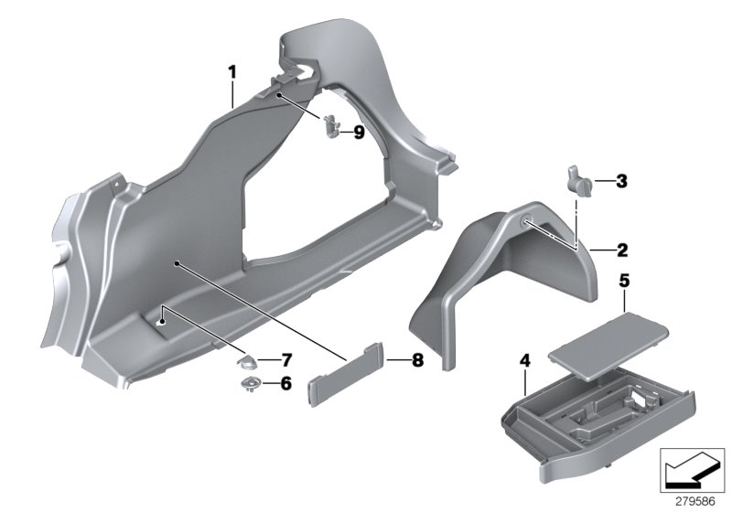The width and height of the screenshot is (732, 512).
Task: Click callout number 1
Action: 232,70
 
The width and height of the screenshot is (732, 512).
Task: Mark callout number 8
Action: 393,361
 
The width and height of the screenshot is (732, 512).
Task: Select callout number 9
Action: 359,133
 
